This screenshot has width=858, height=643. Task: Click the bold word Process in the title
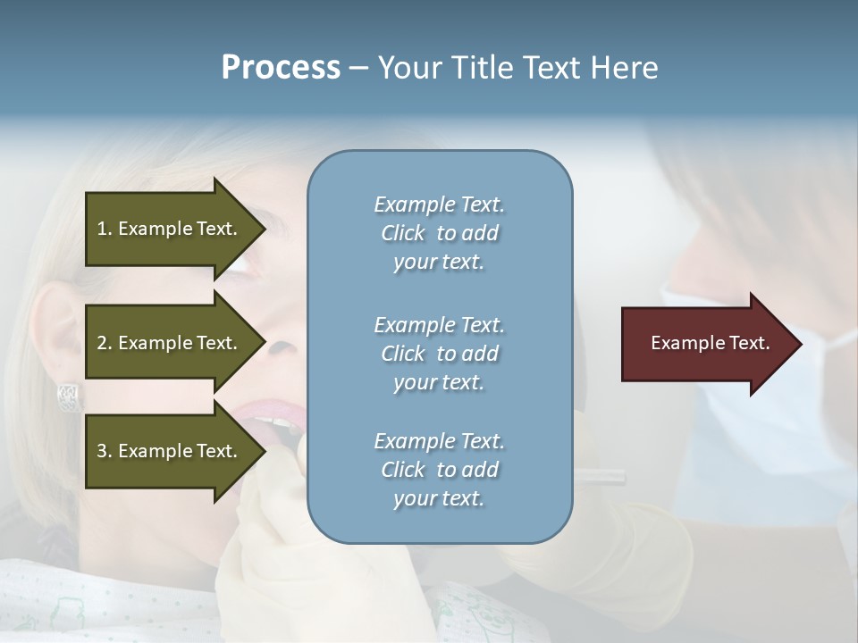pyautogui.click(x=281, y=68)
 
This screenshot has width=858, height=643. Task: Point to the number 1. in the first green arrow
pyautogui.click(x=105, y=229)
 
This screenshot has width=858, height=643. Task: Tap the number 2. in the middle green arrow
pyautogui.click(x=105, y=343)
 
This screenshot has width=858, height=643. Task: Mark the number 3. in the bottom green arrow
pyautogui.click(x=105, y=451)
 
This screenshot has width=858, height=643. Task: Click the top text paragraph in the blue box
pyautogui.click(x=439, y=233)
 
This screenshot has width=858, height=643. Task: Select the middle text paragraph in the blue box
pyautogui.click(x=439, y=354)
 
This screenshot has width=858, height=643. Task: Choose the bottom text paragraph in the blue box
pyautogui.click(x=439, y=470)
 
